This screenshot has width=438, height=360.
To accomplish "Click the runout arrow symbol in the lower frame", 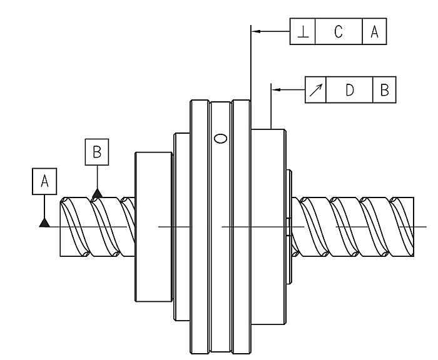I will point(315,90).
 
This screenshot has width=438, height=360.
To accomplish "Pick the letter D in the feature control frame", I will point(349,90).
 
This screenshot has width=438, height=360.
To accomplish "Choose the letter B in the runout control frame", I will point(384,90).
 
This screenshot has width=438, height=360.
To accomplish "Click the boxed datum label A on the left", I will point(44,181).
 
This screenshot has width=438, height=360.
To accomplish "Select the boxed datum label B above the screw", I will point(97,151).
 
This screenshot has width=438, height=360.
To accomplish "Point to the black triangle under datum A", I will point(44,222).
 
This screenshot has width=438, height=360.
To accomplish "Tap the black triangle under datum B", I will point(97,194).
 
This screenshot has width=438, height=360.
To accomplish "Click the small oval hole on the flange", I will point(220,138).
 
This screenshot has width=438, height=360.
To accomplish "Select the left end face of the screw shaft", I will point(59,226).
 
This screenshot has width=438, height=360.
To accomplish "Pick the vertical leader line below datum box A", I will point(44,206).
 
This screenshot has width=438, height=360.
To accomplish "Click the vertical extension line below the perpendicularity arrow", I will point(250,69).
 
